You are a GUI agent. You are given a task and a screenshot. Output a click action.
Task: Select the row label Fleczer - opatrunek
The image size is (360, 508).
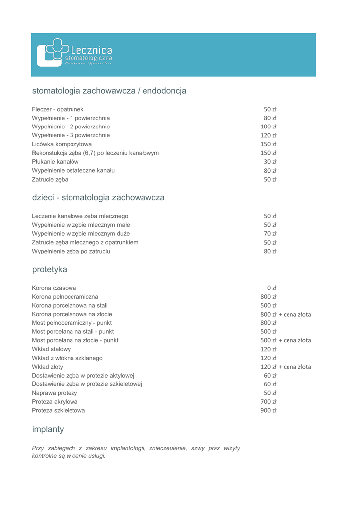pyautogui.click(x=58, y=109)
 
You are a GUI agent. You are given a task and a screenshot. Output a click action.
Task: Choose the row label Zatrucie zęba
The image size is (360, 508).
pyautogui.click(x=50, y=179)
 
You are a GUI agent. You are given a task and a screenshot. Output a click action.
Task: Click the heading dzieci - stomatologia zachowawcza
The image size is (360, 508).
pyautogui.click(x=98, y=198)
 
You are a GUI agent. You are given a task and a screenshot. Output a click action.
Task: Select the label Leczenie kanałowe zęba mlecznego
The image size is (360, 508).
pyautogui.click(x=80, y=216)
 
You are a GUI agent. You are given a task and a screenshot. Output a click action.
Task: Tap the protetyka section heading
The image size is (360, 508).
pyautogui.click(x=49, y=270)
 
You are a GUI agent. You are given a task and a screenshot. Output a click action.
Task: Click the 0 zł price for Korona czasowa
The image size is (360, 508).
pyautogui.click(x=271, y=288)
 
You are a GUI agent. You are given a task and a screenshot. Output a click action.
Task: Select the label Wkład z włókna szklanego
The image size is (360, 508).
pyautogui.click(x=67, y=358)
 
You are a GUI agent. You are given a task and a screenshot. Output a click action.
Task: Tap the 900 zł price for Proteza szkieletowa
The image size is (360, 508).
pyautogui.click(x=268, y=410)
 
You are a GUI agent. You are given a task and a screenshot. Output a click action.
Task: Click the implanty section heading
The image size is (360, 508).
pyautogui.click(x=48, y=428)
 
